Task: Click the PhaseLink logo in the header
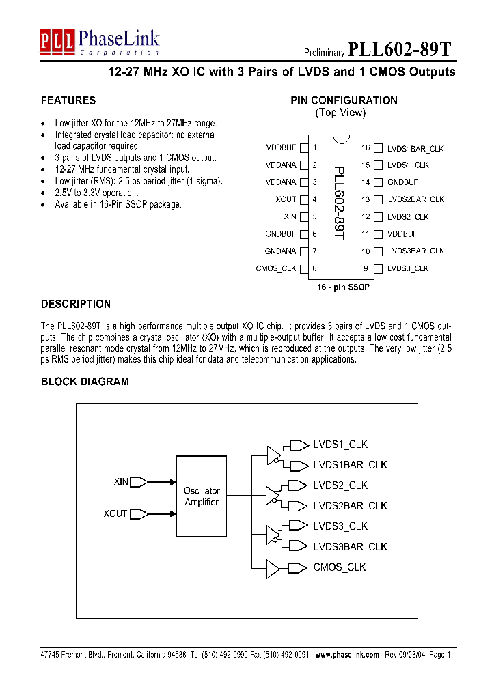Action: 99,42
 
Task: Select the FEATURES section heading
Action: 68,101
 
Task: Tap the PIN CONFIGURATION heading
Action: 344,101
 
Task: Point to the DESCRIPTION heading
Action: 76,305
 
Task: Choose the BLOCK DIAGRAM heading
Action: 85,382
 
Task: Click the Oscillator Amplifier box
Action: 202,496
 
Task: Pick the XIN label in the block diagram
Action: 121,482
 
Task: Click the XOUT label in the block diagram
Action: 115,513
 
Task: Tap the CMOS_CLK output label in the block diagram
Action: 340,567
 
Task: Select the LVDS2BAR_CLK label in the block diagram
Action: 350,506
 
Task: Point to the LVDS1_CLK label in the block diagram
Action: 340,445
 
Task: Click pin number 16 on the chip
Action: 366,148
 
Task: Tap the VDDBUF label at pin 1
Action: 281,148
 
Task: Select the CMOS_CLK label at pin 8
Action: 276,269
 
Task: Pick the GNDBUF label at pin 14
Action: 402,182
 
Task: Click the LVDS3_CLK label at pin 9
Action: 407,269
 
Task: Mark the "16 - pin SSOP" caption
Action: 343,287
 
